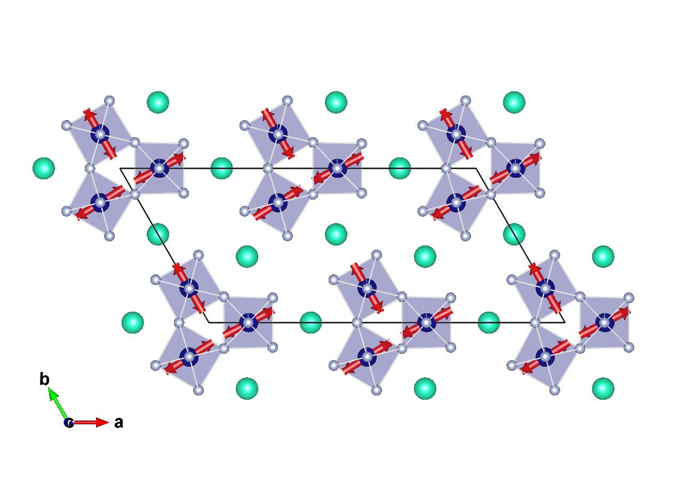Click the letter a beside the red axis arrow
119,423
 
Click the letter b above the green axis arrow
45,379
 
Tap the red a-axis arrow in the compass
91,423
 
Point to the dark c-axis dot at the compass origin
69,423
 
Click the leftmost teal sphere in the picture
44,168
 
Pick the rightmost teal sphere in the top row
514,102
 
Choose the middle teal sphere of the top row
336,102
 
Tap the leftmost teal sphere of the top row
158,102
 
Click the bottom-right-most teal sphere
603,388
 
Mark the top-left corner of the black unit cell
120,169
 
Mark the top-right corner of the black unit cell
476,169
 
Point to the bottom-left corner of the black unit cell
209,323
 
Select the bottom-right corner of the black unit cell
565,323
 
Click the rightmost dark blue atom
604,322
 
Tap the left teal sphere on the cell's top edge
222,168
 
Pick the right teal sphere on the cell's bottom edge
489,322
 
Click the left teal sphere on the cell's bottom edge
310,322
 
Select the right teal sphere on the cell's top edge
400,168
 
